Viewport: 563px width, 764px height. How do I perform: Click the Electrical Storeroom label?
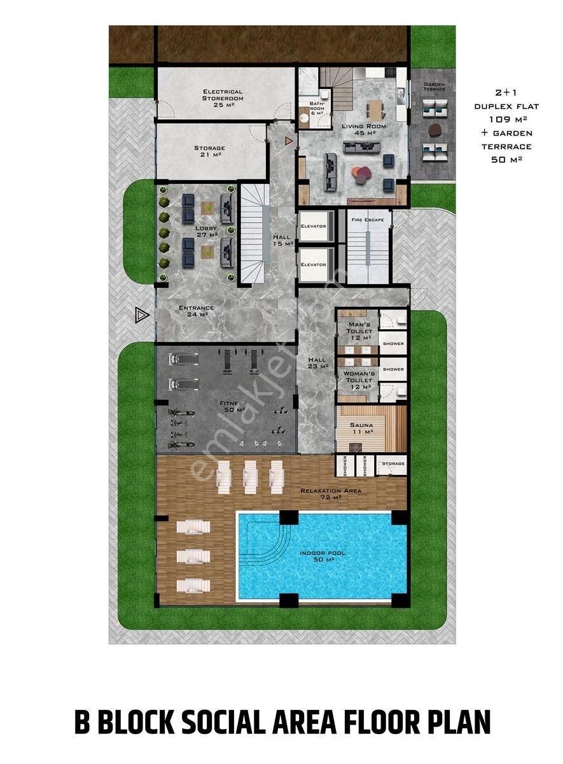tap(223, 95)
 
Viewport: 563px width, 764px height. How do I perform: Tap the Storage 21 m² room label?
tap(209, 151)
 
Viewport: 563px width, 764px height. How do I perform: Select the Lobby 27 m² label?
tap(206, 231)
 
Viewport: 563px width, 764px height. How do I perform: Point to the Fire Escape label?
tap(368, 220)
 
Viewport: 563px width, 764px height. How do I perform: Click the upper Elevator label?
tap(314, 226)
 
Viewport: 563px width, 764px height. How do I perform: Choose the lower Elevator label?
tap(314, 264)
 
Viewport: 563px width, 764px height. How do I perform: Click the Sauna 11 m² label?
tap(361, 428)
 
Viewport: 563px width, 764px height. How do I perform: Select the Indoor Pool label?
tap(323, 556)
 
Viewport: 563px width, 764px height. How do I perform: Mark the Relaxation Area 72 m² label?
tap(331, 493)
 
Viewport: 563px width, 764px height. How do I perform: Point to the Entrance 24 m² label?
tap(196, 311)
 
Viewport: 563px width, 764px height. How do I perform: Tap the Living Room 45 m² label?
tap(363, 129)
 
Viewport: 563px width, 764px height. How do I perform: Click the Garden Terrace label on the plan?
tap(434, 86)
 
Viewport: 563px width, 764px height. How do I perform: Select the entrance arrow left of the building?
tap(141, 314)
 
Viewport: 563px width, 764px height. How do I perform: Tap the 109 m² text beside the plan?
tap(506, 119)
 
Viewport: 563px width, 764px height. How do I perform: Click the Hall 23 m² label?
tap(316, 363)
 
